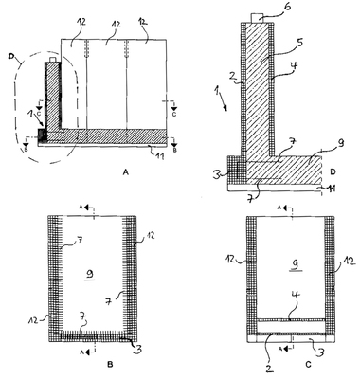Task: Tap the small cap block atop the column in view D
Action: click(257, 18)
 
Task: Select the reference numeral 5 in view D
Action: click(299, 43)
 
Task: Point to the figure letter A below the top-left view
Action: click(126, 172)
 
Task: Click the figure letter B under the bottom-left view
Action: click(110, 364)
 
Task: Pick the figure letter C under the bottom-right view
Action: click(309, 365)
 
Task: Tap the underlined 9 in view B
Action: click(90, 275)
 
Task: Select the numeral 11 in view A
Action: click(159, 155)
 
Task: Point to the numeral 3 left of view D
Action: click(219, 174)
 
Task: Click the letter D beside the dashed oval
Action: click(10, 57)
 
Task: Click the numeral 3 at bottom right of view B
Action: click(138, 349)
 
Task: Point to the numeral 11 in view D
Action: click(331, 189)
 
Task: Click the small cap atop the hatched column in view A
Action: click(53, 60)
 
